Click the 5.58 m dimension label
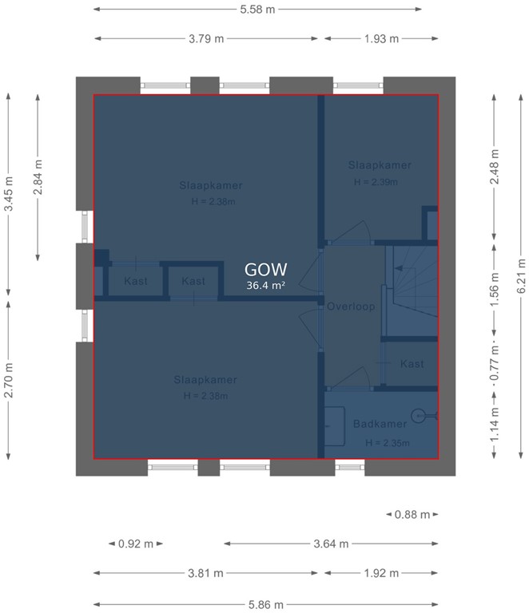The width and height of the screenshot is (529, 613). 258,10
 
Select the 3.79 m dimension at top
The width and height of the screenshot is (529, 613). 206,38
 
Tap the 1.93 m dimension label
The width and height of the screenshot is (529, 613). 381,38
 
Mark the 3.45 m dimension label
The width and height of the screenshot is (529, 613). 9,193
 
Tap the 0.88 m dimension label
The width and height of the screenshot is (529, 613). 412,515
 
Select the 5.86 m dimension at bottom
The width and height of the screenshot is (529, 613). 264,604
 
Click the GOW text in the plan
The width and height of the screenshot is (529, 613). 266,270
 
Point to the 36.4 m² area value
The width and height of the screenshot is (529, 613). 266,285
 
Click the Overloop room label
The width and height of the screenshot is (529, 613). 351,306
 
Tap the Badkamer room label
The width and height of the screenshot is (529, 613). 380,424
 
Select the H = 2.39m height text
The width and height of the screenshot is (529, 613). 376,181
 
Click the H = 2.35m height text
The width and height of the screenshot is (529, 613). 387,442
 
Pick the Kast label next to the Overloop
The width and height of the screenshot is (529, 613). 412,364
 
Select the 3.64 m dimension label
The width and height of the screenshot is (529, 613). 331,544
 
